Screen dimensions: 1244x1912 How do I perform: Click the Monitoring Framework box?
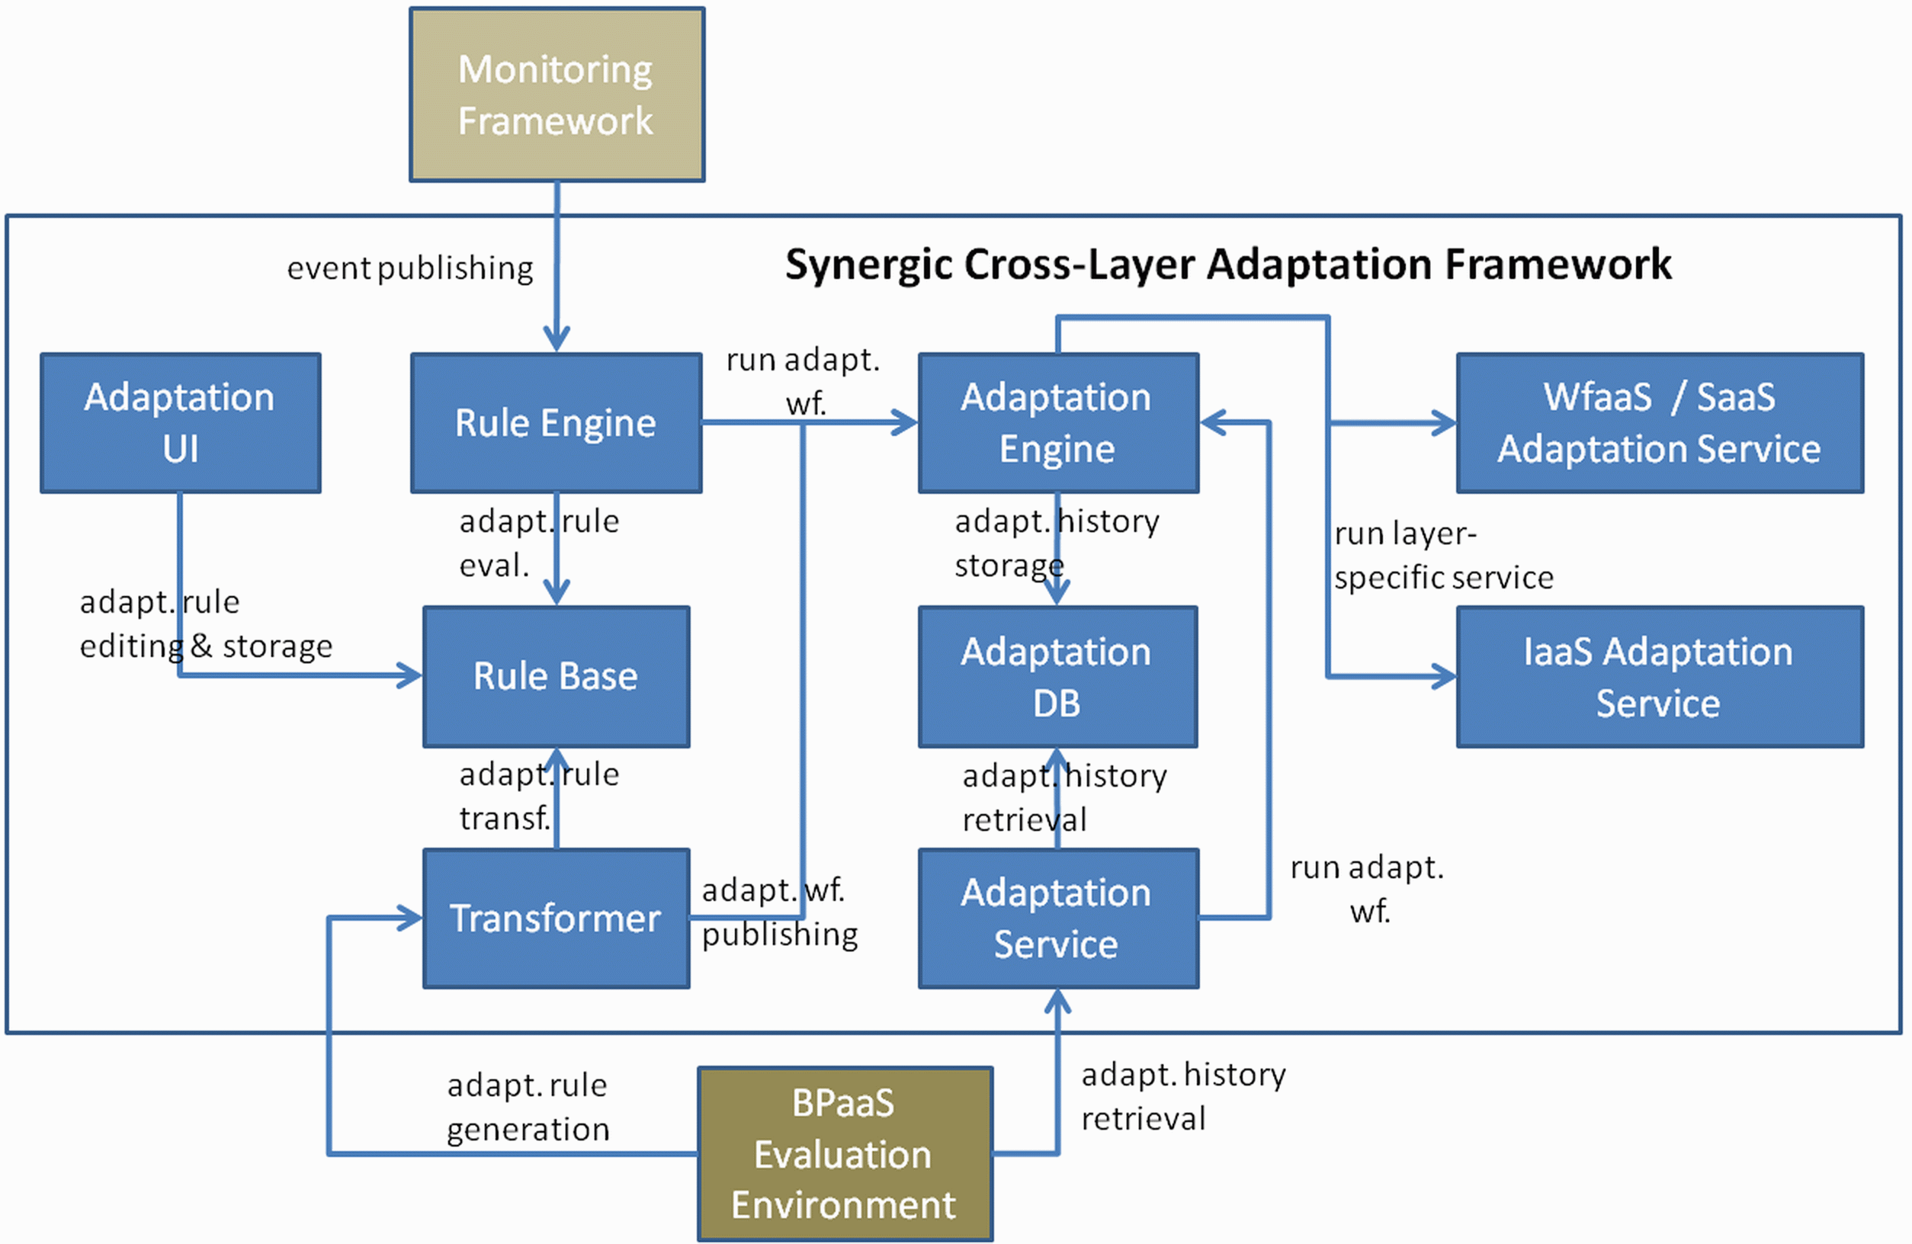tap(557, 95)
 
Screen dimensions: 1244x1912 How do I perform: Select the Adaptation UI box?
tap(181, 422)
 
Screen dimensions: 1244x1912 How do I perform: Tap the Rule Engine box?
tap(556, 422)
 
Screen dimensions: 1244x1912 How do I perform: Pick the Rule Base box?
tap(556, 676)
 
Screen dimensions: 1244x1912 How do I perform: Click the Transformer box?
tap(556, 918)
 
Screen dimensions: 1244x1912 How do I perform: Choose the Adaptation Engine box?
tap(1058, 422)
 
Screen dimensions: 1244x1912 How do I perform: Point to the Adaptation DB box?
tap(1058, 676)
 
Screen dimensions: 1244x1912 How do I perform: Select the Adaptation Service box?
tap(1058, 918)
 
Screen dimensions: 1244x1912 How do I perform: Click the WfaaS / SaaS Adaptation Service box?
tap(1660, 422)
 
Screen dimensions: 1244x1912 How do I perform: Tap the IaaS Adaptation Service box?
tap(1660, 676)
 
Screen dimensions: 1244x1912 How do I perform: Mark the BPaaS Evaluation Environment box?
tap(845, 1153)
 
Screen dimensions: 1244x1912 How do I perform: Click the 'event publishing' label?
tap(409, 268)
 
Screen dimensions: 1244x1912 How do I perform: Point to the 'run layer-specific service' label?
tap(1444, 556)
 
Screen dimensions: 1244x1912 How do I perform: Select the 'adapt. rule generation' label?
tap(528, 1107)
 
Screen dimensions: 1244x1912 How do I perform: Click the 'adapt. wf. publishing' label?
tap(779, 912)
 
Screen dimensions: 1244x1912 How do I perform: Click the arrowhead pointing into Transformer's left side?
tap(409, 918)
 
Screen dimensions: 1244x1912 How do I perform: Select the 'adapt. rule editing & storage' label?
tap(206, 624)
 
